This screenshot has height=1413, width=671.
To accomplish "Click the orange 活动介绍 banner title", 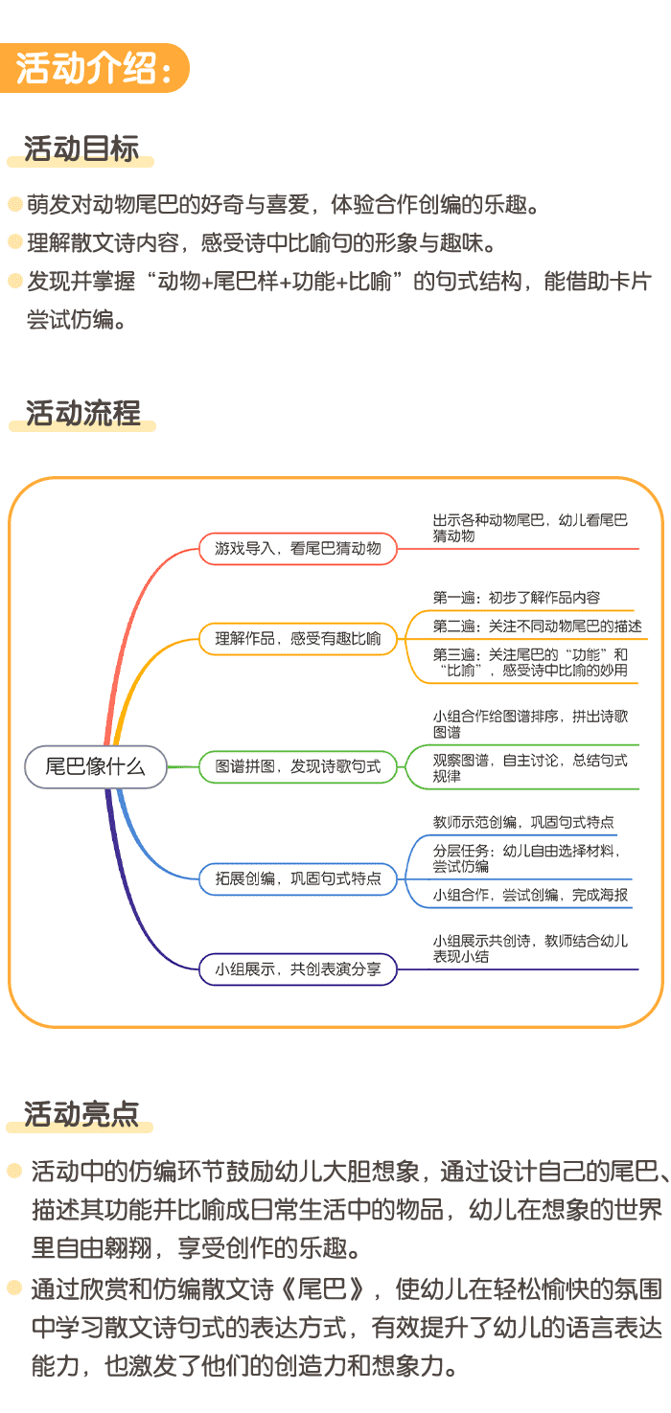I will click(x=94, y=69).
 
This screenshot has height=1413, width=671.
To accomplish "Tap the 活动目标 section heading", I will click(x=81, y=148).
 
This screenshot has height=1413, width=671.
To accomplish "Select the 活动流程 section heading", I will click(x=82, y=413).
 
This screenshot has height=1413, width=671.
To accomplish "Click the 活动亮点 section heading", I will click(x=81, y=1113).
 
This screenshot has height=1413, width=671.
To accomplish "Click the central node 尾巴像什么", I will click(x=96, y=766).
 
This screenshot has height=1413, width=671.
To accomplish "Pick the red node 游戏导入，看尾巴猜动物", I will click(x=298, y=549).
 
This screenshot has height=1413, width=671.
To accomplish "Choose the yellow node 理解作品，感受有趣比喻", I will click(x=298, y=638).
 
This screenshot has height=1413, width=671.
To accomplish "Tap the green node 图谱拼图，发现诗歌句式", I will click(x=298, y=766).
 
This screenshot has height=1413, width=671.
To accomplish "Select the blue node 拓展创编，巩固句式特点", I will click(x=298, y=878).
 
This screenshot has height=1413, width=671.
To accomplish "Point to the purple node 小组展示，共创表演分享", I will click(x=298, y=969).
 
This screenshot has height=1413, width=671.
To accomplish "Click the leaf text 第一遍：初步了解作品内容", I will click(x=517, y=598).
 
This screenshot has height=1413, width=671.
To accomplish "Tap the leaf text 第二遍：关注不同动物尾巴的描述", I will click(x=537, y=627).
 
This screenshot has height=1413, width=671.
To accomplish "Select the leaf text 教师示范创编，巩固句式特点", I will click(x=523, y=822).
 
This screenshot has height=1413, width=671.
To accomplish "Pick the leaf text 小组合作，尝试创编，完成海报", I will click(x=530, y=895).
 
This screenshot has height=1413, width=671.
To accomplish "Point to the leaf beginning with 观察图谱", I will click(x=530, y=767).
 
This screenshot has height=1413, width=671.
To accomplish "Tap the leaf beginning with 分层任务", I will click(x=526, y=857).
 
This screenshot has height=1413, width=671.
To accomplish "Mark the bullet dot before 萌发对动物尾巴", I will click(x=14, y=205).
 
